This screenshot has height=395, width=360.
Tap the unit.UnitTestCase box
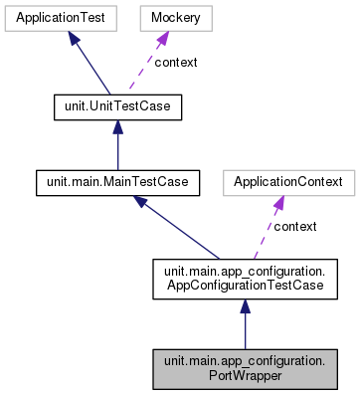(x=117, y=105)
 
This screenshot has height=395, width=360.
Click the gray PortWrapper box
(x=245, y=368)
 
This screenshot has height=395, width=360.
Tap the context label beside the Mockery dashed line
(x=175, y=63)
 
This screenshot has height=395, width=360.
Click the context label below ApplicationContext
(x=294, y=227)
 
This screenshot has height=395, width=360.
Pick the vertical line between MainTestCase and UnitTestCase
(x=117, y=149)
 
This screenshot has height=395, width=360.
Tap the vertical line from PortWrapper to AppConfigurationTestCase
(x=245, y=328)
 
